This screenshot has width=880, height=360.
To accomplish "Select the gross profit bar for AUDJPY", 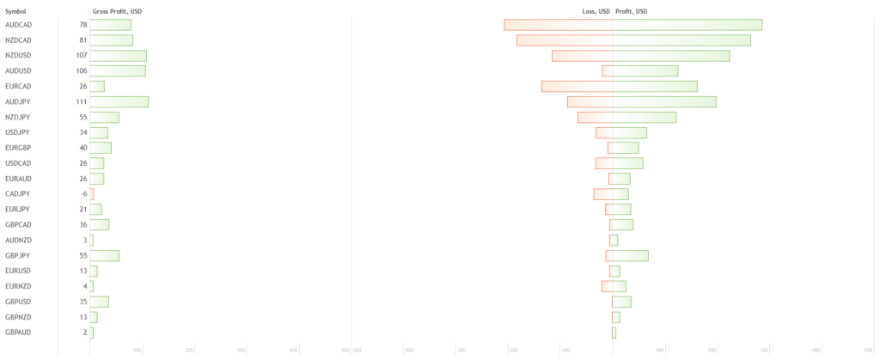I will (119, 102).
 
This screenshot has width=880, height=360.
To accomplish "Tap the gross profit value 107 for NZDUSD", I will (81, 56).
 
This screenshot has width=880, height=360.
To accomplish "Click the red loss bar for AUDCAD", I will (558, 25).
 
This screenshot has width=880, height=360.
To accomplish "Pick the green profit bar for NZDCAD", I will (681, 40).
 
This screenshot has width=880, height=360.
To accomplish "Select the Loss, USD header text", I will (596, 11).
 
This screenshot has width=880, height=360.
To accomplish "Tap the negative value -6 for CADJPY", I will (83, 194).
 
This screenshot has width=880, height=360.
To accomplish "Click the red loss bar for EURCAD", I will (577, 87).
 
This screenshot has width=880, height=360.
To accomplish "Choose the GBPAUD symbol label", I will (18, 333).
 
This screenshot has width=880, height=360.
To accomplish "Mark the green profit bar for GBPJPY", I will (630, 255).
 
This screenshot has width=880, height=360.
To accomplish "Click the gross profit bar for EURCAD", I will (97, 87).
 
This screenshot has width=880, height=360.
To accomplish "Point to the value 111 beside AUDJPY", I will (81, 102).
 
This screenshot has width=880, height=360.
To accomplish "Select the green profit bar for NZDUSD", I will (670, 56).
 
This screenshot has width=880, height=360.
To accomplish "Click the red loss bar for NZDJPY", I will (595, 118).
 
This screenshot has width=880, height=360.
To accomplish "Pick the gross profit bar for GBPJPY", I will (104, 255).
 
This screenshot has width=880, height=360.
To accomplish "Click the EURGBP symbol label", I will (18, 148).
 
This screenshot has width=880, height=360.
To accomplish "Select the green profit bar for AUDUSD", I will (645, 71).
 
